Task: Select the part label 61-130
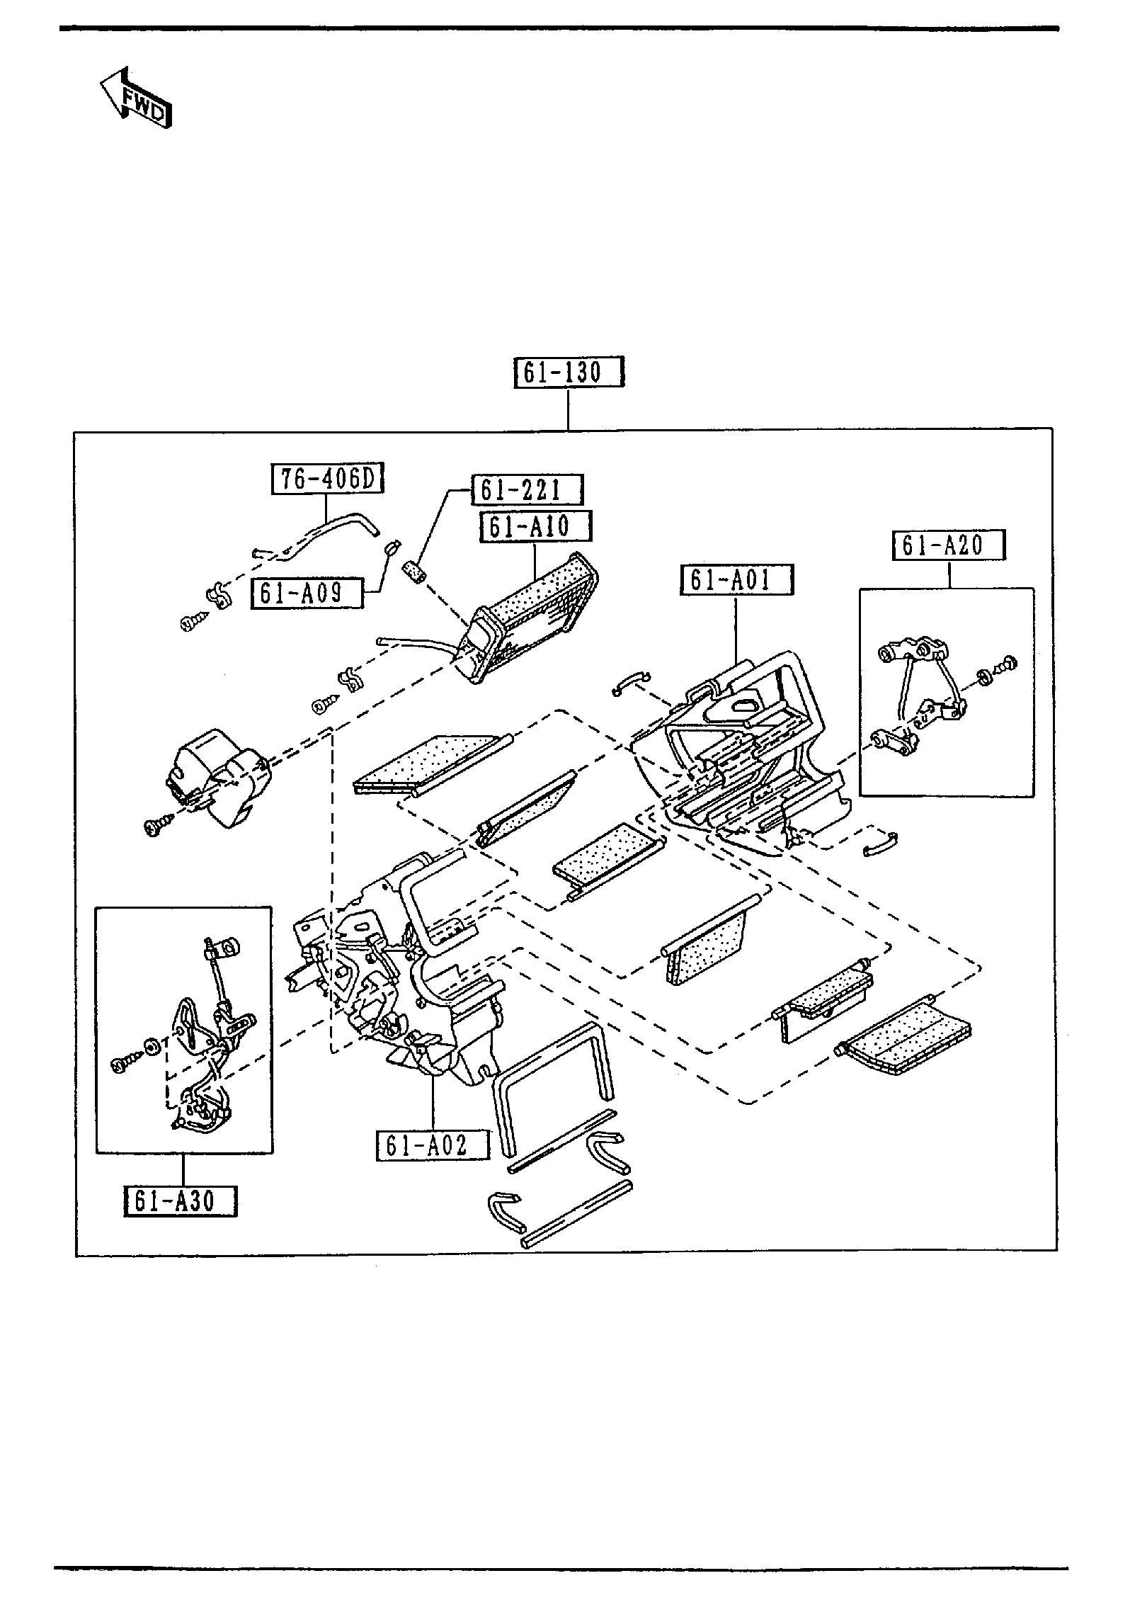point(569,373)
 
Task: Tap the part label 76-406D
point(327,479)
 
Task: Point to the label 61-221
point(527,489)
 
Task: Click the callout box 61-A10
point(535,526)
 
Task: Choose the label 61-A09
point(307,593)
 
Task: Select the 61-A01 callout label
point(736,580)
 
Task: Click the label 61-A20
point(948,545)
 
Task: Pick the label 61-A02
point(432,1145)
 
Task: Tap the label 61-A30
point(180,1201)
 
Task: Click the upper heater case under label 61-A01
point(743,744)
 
